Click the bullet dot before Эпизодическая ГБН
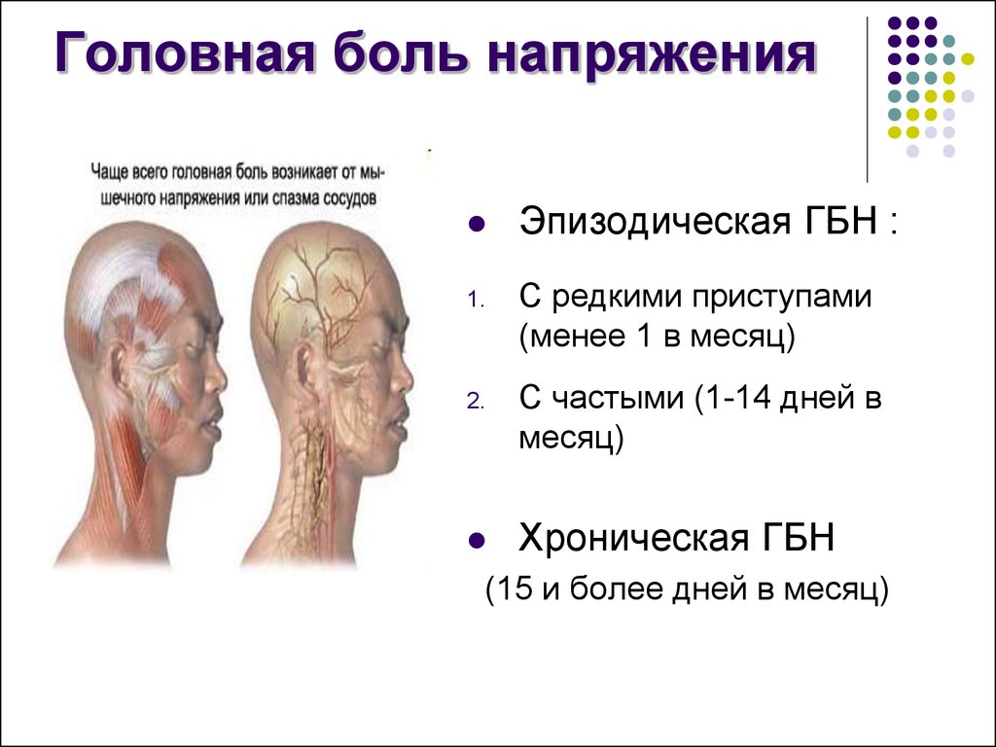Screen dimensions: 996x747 (x=476, y=224)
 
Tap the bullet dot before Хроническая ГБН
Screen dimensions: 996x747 (x=476, y=541)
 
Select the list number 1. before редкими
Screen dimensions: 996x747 (x=476, y=300)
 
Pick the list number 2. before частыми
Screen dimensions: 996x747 (x=476, y=402)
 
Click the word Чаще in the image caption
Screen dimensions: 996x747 (x=109, y=172)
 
